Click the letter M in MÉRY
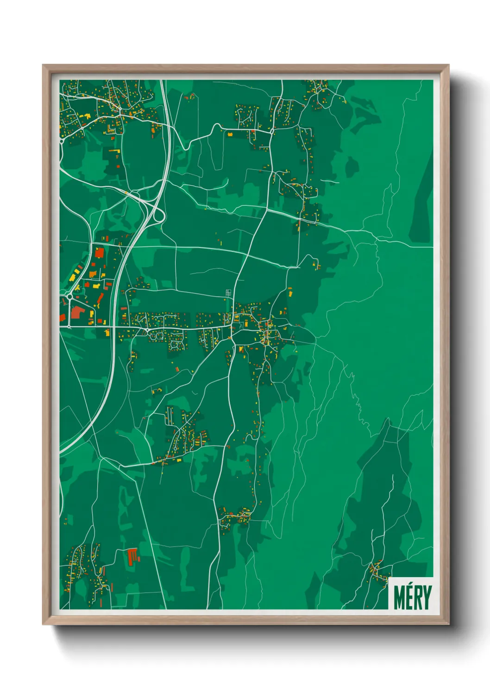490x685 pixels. (400, 598)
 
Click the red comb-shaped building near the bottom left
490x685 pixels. (133, 555)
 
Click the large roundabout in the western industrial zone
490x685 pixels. (69, 296)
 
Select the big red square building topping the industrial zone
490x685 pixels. (99, 253)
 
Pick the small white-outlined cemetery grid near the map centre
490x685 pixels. (228, 293)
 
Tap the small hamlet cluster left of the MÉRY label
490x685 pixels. (377, 573)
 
